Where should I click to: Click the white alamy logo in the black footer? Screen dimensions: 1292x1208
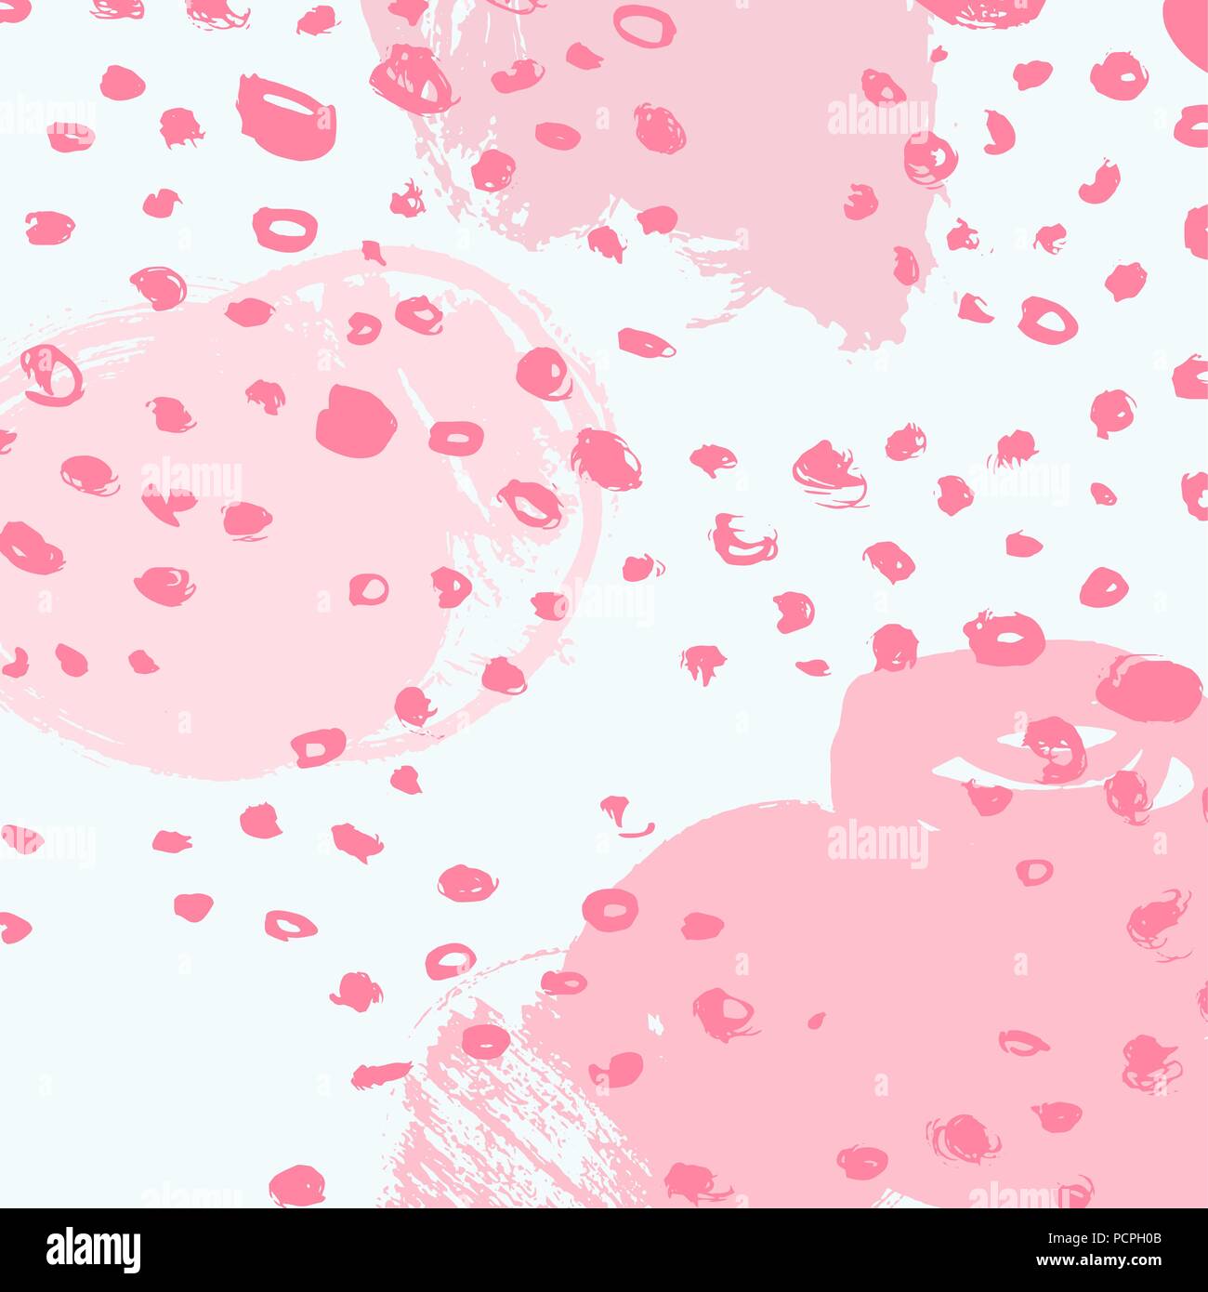click(93, 1248)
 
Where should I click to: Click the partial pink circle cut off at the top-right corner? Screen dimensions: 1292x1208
click(1189, 23)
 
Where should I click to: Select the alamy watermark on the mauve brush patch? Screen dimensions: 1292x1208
click(877, 118)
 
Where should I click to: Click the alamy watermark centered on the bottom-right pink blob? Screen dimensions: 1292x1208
click(877, 845)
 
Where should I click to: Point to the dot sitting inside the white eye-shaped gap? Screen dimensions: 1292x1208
click(1055, 748)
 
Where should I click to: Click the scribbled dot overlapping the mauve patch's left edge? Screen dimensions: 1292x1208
click(412, 78)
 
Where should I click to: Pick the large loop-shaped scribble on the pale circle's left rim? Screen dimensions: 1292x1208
click(51, 375)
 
